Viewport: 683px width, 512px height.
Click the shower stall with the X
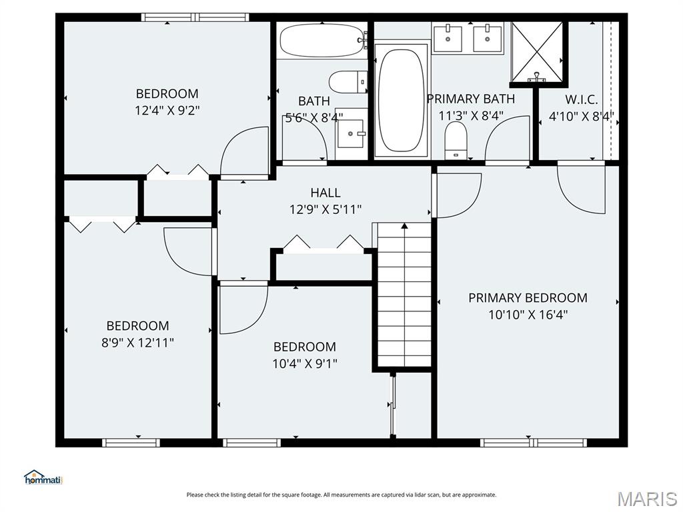[537, 52]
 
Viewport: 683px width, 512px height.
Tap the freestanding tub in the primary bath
[401, 100]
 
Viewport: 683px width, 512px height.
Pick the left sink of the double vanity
[448, 37]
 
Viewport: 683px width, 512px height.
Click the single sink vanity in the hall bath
[351, 134]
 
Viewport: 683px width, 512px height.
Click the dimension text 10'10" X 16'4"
[528, 314]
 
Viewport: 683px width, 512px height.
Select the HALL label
[325, 193]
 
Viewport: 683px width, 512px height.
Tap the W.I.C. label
[582, 100]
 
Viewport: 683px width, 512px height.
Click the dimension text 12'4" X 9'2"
[167, 110]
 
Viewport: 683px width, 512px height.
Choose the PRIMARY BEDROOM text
[528, 297]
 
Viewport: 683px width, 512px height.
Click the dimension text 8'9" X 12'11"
[137, 342]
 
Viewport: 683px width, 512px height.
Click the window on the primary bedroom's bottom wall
[534, 442]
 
